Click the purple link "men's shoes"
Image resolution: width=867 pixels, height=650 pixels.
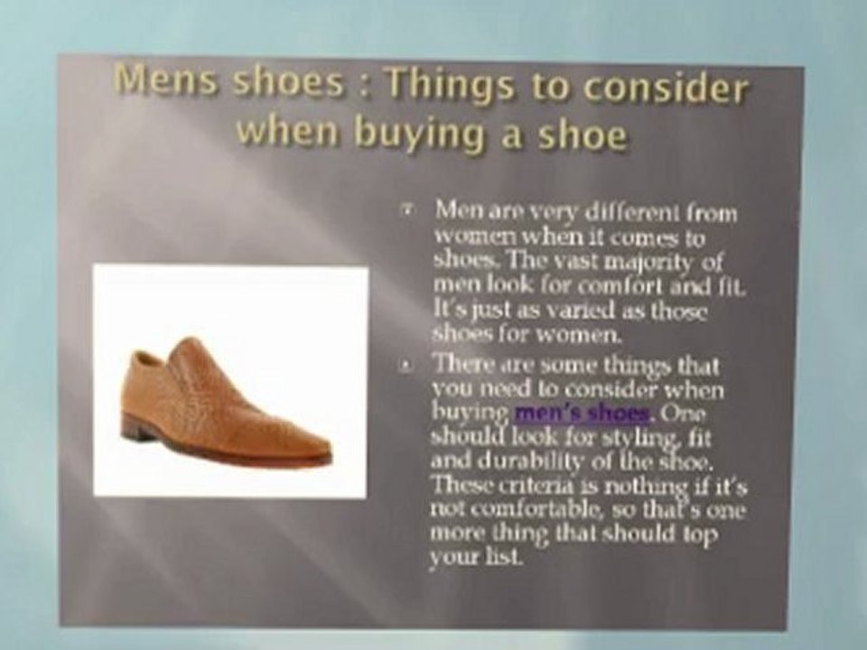coord(583,414)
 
